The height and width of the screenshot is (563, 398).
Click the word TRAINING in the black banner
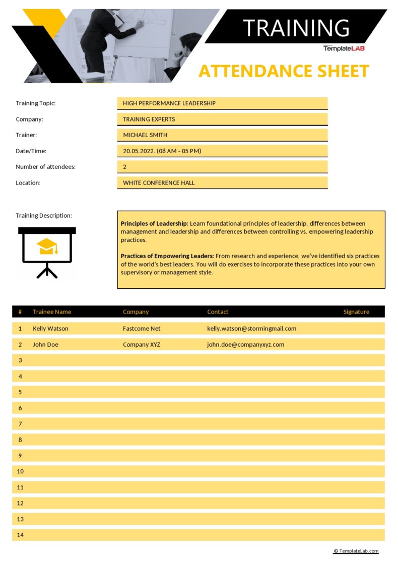(x=296, y=28)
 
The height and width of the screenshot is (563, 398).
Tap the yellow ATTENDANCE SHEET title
(x=284, y=71)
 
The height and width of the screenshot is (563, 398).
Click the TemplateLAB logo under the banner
(x=344, y=48)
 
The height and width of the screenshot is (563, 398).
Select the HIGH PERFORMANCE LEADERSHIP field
(x=169, y=103)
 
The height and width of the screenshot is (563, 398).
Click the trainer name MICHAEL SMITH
(x=145, y=135)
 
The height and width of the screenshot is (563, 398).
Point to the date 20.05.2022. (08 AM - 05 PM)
(x=162, y=151)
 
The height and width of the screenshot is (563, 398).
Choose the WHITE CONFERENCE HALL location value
(x=159, y=183)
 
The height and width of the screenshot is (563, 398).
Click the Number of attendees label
(x=45, y=167)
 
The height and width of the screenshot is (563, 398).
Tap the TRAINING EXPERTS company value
(x=149, y=119)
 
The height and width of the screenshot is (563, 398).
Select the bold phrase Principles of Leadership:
(x=154, y=223)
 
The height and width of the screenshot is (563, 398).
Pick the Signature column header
(x=356, y=312)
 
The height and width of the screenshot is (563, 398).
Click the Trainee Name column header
(x=52, y=312)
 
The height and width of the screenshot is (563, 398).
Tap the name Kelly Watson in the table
(x=50, y=329)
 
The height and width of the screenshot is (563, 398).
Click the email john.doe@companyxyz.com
(x=245, y=345)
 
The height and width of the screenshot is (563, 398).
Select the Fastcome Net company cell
(x=142, y=329)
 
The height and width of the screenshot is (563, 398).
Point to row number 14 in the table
(x=20, y=535)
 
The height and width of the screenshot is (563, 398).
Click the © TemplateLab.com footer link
(x=356, y=551)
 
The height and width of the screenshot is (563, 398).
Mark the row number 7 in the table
(x=20, y=424)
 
